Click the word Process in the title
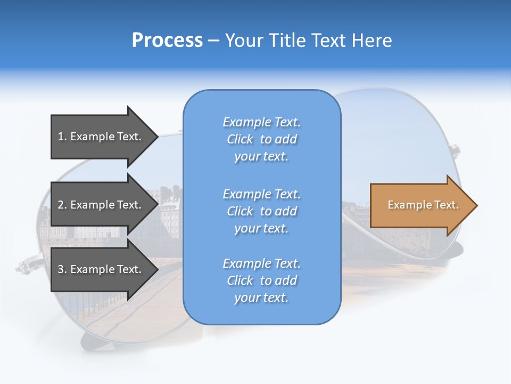pos(167,41)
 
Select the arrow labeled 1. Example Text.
pos(101,137)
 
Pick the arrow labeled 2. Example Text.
pos(101,205)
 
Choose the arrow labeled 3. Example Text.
pos(101,269)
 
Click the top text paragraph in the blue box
pos(261,139)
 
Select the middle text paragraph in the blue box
pos(261,211)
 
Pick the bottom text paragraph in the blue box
pos(261,281)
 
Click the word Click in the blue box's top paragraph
pos(240,139)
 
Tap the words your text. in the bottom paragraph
pos(261,298)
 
